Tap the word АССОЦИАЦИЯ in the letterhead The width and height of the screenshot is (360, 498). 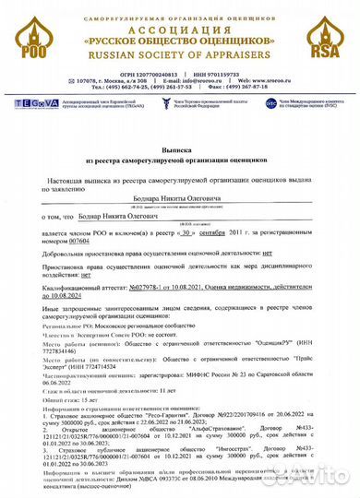pyautogui.click(x=179, y=28)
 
